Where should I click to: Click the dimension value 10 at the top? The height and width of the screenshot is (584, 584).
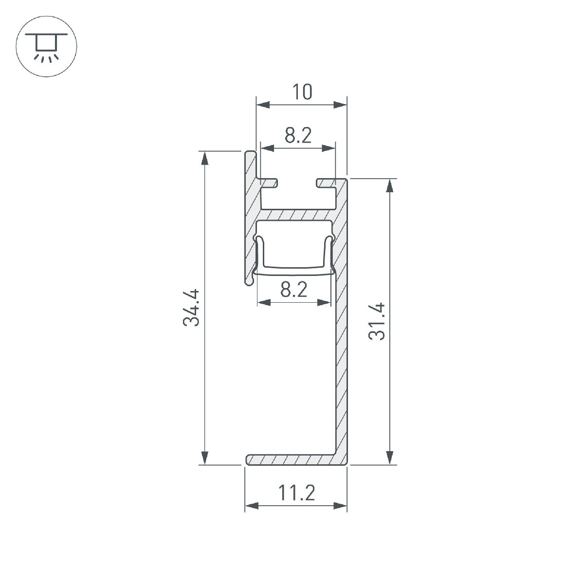302,92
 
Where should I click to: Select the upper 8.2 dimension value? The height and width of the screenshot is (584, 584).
298,136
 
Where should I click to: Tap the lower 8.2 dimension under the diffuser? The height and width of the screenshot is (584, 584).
294,291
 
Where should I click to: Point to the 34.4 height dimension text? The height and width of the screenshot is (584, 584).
191,308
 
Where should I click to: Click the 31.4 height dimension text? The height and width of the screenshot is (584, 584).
377,321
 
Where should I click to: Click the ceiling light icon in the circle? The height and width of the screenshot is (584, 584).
46,46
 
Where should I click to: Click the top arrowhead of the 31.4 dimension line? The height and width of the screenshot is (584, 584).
389,186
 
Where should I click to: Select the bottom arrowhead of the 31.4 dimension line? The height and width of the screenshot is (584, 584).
389,458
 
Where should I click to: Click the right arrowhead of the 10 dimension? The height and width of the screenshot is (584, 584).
340,105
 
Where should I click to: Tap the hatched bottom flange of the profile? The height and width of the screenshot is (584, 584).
292,460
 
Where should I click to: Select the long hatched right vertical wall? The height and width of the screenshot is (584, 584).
342,341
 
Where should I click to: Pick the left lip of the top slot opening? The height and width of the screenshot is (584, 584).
270,183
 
